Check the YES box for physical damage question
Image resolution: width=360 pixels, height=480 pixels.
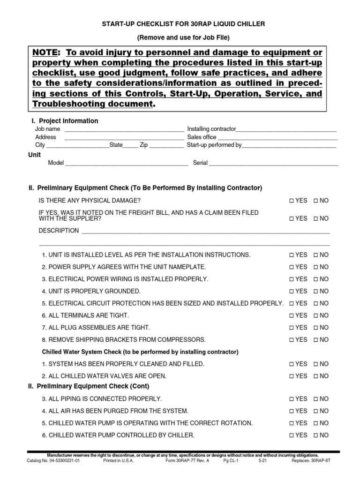(291, 201)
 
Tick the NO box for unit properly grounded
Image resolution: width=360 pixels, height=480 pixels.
(315, 291)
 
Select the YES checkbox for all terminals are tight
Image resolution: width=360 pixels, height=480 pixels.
(291, 315)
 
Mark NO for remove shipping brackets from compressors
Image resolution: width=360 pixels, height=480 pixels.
(315, 340)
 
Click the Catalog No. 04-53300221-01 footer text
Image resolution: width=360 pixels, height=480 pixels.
(54, 461)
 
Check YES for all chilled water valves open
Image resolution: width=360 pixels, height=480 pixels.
(291, 376)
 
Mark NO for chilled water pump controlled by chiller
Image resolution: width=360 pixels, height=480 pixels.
(315, 435)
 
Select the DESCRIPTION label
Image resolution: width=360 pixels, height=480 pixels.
(59, 231)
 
